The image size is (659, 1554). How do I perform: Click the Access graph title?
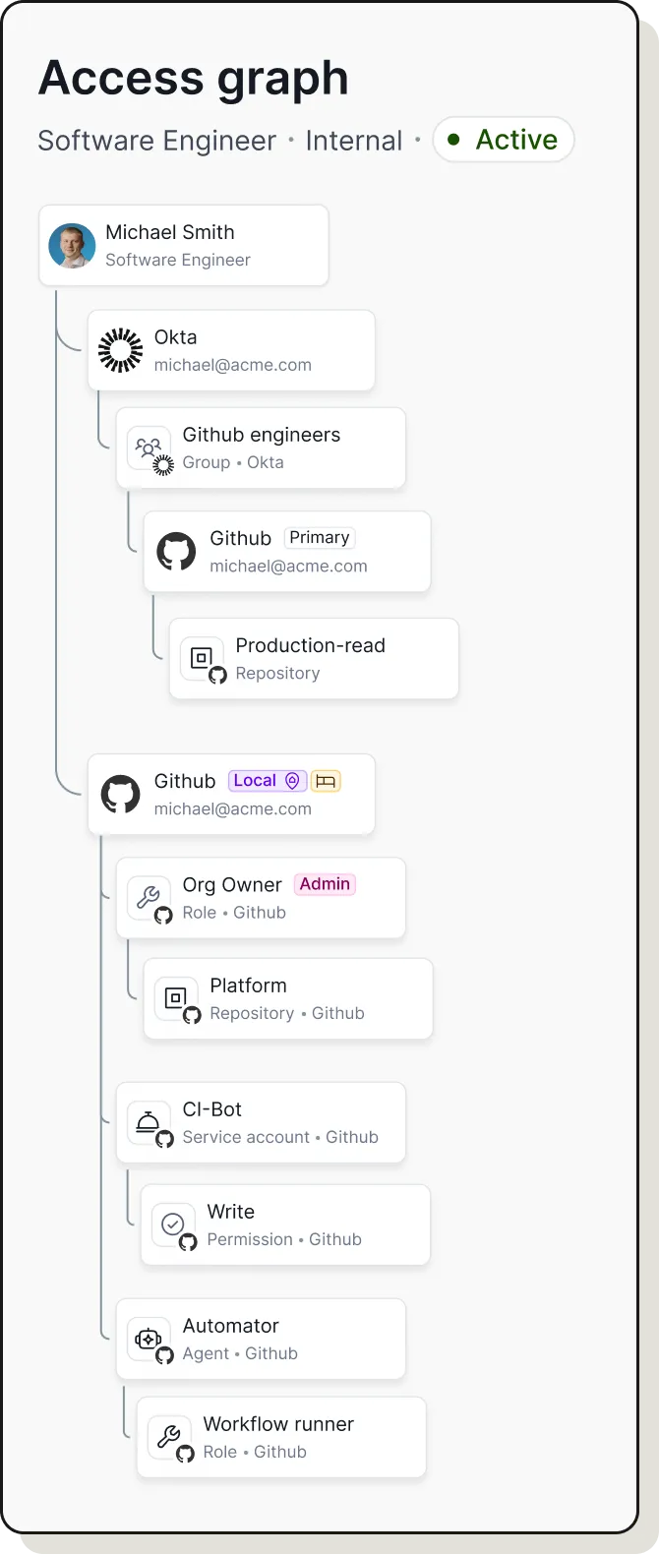(193, 79)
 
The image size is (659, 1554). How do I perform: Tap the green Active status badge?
(504, 140)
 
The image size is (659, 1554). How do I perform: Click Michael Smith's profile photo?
(72, 246)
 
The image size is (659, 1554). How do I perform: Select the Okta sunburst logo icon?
(121, 350)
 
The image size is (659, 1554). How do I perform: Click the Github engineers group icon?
(149, 448)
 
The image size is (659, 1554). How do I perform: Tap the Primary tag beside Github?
(319, 538)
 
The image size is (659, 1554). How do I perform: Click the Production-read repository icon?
(202, 658)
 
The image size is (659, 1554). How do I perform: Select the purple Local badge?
(267, 781)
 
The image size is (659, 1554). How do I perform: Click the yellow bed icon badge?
(326, 781)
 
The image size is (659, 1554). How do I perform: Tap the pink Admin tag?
(325, 884)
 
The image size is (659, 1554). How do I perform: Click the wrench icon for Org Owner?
(149, 897)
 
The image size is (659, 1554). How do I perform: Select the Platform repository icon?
(176, 998)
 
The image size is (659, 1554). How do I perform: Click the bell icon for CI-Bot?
(149, 1122)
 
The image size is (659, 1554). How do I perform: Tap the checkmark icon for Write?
(173, 1225)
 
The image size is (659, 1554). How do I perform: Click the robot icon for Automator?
(149, 1339)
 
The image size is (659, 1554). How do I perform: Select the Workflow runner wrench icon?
(169, 1437)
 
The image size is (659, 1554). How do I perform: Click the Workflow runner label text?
(278, 1424)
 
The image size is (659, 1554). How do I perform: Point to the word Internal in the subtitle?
(354, 141)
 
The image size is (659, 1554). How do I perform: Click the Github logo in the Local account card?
(121, 795)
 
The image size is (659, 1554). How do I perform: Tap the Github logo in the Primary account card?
(177, 552)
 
